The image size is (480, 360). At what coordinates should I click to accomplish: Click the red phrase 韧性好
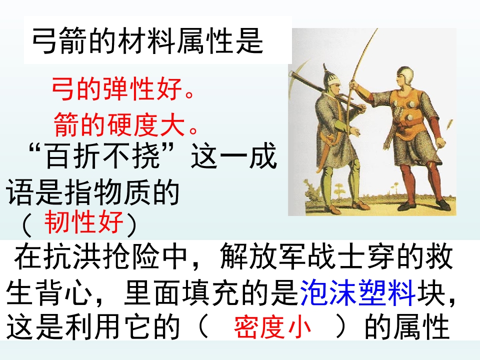83,223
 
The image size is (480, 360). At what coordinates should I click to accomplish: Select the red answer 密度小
272,328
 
